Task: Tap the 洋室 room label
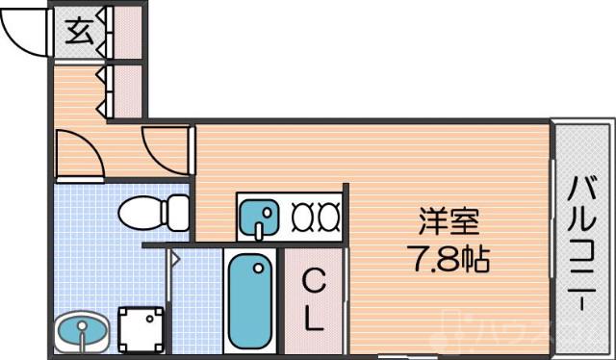(449, 222)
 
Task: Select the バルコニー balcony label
(583, 241)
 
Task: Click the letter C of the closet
(313, 283)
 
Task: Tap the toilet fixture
(144, 210)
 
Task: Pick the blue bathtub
(253, 302)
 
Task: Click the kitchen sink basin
(258, 218)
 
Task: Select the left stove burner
(300, 218)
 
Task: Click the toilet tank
(177, 210)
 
